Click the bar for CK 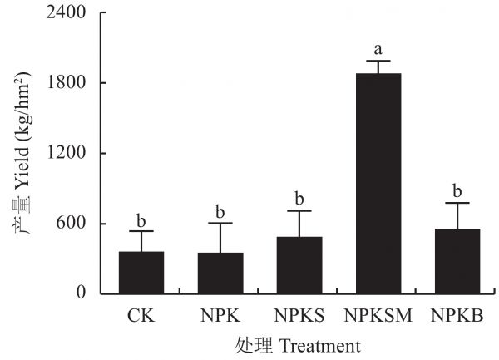click(x=141, y=272)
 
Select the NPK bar click(x=220, y=273)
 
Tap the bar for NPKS click(x=299, y=264)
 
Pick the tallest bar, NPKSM click(x=378, y=183)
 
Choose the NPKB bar click(x=457, y=260)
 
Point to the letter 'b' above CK click(x=141, y=221)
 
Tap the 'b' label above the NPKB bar click(x=457, y=192)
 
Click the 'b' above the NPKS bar click(x=299, y=200)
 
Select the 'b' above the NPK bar click(x=220, y=212)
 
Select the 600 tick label click(x=74, y=224)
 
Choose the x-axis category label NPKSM click(x=378, y=316)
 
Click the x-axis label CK click(x=141, y=316)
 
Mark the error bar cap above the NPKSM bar click(x=378, y=62)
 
